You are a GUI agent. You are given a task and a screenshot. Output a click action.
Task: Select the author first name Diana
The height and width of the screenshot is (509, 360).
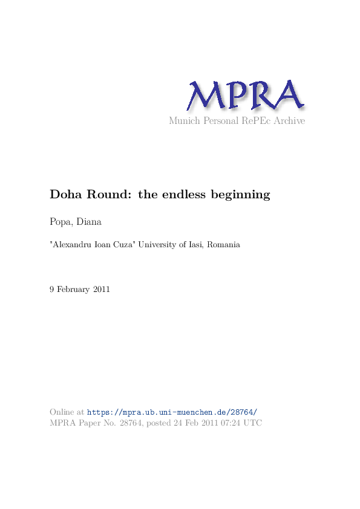coord(89,222)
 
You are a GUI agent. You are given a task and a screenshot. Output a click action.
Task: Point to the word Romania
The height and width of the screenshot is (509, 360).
coord(224,245)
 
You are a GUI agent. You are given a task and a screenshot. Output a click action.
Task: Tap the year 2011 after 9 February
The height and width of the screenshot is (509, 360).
coord(101,290)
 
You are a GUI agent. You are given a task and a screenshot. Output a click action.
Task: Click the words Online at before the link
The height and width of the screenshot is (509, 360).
coord(67,412)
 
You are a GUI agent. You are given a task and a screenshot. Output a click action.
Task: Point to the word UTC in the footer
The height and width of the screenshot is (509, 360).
coord(253,423)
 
